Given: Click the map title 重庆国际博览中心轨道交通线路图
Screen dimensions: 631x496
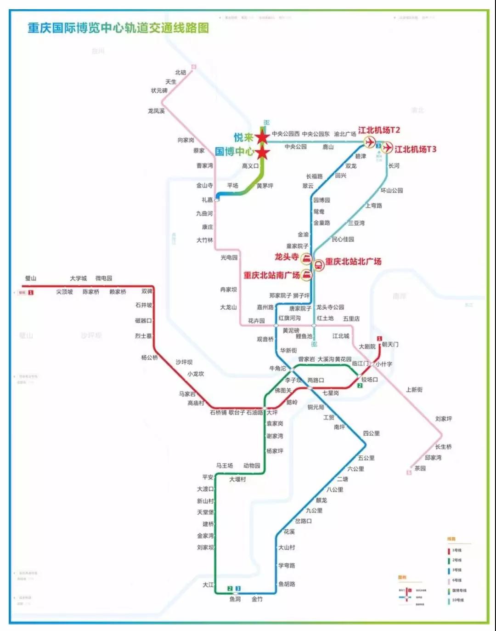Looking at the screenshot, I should (x=118, y=28).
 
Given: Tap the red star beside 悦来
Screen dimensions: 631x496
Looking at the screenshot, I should (x=262, y=137).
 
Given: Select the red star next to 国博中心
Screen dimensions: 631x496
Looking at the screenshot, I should (x=262, y=152).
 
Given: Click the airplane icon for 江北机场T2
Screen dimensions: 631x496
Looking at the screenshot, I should (x=370, y=142).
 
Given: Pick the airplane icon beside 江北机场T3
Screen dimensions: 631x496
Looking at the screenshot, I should (x=388, y=148).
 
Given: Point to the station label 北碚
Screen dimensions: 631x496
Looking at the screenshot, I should (x=180, y=72).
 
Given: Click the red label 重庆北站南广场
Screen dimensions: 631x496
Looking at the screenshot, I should (x=271, y=275).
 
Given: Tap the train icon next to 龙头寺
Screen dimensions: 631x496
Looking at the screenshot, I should (x=306, y=258).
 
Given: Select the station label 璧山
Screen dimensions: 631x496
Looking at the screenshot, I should (x=31, y=279).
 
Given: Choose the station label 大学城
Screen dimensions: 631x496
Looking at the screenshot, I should (x=78, y=279).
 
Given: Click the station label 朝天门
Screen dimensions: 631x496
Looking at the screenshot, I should (x=390, y=344).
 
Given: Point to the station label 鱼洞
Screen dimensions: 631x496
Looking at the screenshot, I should (x=235, y=599).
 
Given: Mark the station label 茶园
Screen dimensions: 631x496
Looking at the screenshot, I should (x=420, y=468).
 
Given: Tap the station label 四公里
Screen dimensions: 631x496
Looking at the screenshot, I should (x=372, y=433).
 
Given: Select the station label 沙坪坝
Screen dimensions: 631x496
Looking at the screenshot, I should (x=184, y=362).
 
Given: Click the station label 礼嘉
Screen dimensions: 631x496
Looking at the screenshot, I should (x=207, y=200).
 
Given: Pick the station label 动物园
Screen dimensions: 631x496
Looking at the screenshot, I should (x=252, y=466).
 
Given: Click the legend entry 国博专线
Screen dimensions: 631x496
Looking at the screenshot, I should (x=459, y=590).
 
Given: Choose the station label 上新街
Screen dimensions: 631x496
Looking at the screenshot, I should (x=414, y=390).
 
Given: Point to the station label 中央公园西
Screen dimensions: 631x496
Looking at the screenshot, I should (x=286, y=134).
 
